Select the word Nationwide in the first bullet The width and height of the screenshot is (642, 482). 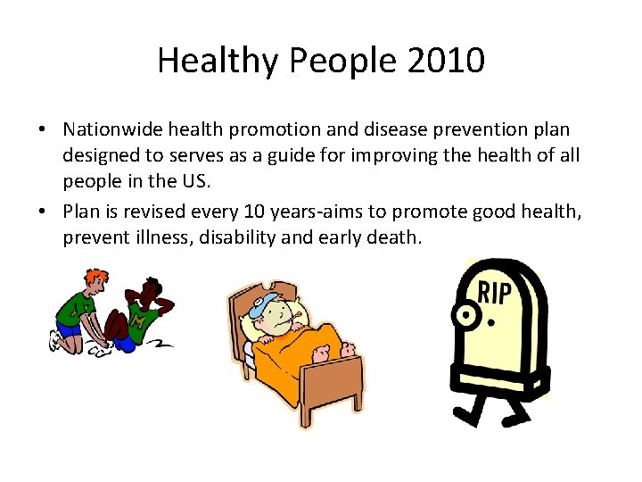tap(111, 130)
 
